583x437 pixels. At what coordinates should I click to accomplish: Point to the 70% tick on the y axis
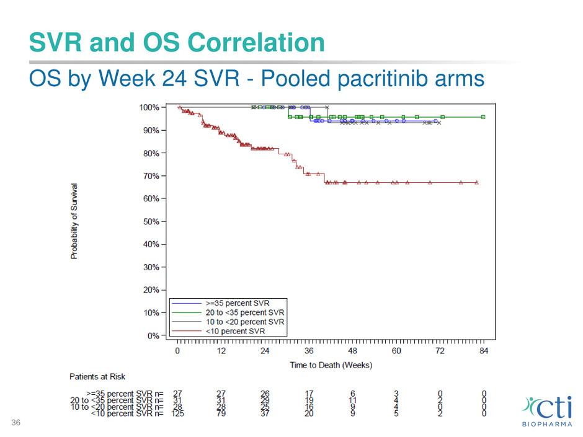tap(151, 176)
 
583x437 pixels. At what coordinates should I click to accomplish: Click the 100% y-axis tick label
tap(149, 107)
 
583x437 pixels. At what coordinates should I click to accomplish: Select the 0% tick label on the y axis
tap(153, 336)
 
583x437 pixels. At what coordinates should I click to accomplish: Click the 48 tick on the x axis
tap(352, 351)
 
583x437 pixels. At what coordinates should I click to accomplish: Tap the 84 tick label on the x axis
tap(484, 351)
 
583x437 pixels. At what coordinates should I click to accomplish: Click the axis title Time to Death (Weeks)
tap(331, 365)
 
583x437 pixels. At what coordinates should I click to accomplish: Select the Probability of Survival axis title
tap(74, 220)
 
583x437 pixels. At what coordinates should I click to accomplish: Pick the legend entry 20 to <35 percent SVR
tap(244, 312)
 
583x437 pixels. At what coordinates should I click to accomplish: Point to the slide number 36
tap(14, 423)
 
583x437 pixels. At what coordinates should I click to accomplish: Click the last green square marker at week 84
tap(483, 117)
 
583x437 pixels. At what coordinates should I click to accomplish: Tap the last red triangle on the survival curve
tap(476, 182)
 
